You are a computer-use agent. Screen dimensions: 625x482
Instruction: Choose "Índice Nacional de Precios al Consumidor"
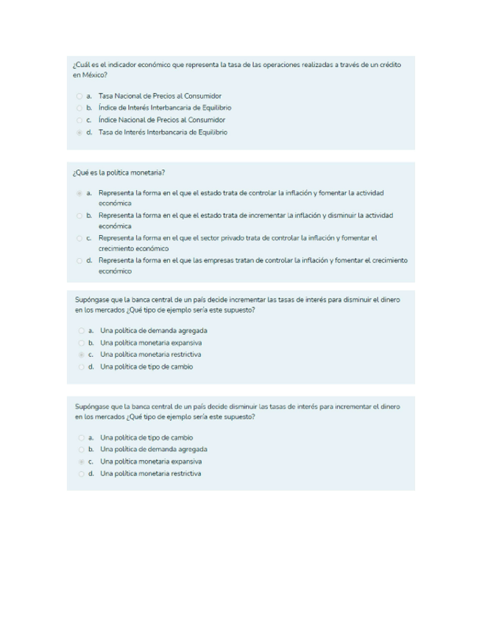coord(161,120)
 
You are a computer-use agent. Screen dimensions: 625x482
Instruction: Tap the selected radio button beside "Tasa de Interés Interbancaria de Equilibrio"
coord(79,133)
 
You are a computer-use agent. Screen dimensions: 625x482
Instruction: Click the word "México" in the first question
coord(93,75)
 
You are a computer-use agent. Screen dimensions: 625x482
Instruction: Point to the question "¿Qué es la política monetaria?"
coord(118,173)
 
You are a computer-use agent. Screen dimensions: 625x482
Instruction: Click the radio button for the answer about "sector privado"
coord(79,239)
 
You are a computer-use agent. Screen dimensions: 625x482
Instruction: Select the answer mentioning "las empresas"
coord(79,261)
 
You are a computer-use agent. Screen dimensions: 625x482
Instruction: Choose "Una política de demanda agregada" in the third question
coord(153,331)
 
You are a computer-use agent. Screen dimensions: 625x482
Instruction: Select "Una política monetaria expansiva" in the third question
coord(150,343)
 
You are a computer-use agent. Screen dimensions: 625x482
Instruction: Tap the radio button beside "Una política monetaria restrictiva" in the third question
coord(80,355)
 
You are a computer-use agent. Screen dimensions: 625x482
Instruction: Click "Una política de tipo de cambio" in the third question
coord(146,366)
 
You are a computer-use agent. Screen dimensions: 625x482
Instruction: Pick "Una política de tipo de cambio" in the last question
coord(146,437)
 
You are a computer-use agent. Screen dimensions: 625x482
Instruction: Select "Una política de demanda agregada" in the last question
coord(153,449)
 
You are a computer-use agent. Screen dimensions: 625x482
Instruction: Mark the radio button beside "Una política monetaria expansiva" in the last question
coord(80,461)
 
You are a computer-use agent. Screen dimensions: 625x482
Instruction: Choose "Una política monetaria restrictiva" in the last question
coord(150,473)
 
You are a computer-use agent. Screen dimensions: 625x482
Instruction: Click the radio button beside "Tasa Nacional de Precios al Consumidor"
coord(79,97)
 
